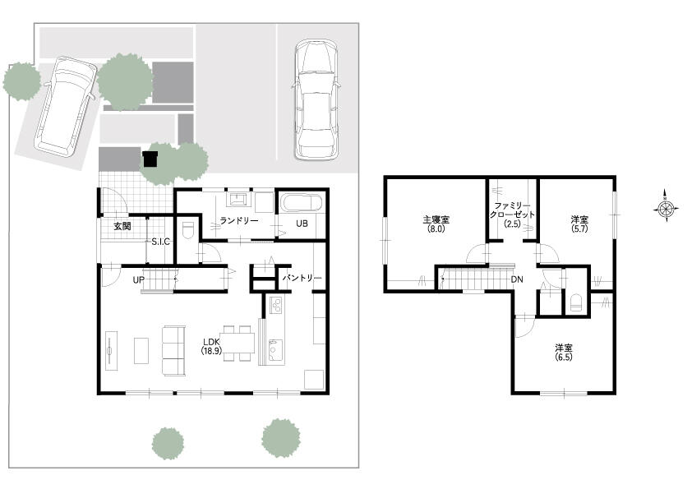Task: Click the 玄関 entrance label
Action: [x=122, y=226]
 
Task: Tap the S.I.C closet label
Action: [x=160, y=242]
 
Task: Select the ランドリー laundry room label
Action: [x=239, y=220]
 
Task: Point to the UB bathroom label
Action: [x=302, y=224]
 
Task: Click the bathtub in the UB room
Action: [x=302, y=204]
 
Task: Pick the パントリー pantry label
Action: [x=302, y=278]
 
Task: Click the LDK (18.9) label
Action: [x=212, y=346]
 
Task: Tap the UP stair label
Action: [x=139, y=279]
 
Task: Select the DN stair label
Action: [x=517, y=279]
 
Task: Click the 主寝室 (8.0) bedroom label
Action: [x=436, y=224]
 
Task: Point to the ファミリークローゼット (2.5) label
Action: [x=512, y=215]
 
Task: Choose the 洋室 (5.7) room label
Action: [x=579, y=224]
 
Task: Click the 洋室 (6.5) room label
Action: [x=564, y=353]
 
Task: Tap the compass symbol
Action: [x=666, y=208]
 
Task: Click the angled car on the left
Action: [x=66, y=106]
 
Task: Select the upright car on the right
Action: [x=316, y=99]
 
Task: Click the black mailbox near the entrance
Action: [x=150, y=159]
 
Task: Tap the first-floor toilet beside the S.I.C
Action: [x=187, y=230]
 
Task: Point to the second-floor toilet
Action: [x=577, y=303]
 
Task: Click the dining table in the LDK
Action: [x=239, y=344]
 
